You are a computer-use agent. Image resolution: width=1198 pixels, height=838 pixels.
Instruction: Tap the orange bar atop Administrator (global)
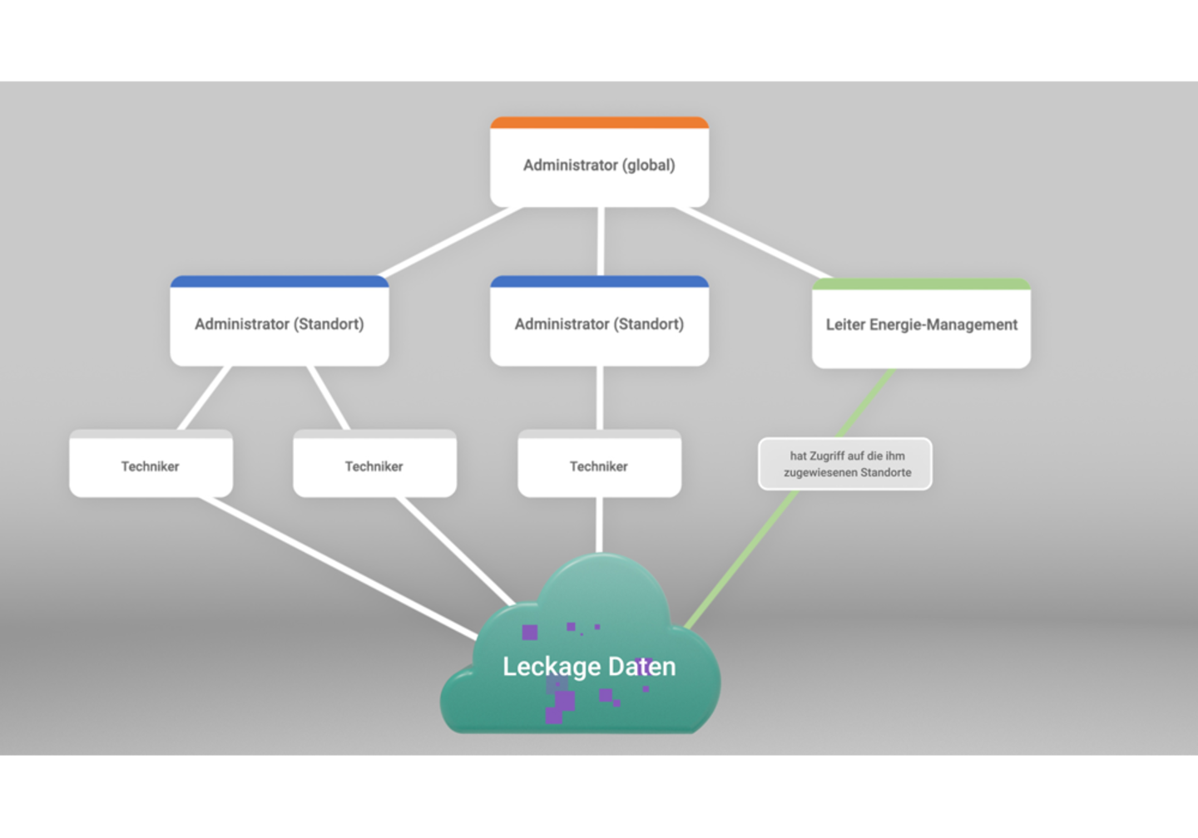[599, 123]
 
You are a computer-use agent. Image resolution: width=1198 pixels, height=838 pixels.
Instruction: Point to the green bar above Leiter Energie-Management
[921, 284]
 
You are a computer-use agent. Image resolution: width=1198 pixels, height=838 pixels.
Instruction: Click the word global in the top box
[650, 165]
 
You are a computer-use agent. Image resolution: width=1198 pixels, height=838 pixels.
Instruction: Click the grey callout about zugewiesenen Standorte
[845, 464]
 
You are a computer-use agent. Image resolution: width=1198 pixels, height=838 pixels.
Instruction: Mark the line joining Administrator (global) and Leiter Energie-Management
[753, 243]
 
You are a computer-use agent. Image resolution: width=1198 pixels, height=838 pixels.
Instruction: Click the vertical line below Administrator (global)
[600, 241]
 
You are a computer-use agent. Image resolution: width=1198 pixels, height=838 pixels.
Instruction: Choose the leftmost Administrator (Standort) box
[280, 324]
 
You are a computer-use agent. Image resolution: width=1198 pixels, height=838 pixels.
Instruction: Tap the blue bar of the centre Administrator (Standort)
[599, 282]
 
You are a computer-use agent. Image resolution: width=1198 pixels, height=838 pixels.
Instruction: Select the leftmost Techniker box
[151, 466]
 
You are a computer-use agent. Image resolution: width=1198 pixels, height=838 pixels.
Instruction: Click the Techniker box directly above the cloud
[599, 466]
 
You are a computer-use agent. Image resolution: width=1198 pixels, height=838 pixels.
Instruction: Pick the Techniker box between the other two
[374, 466]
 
